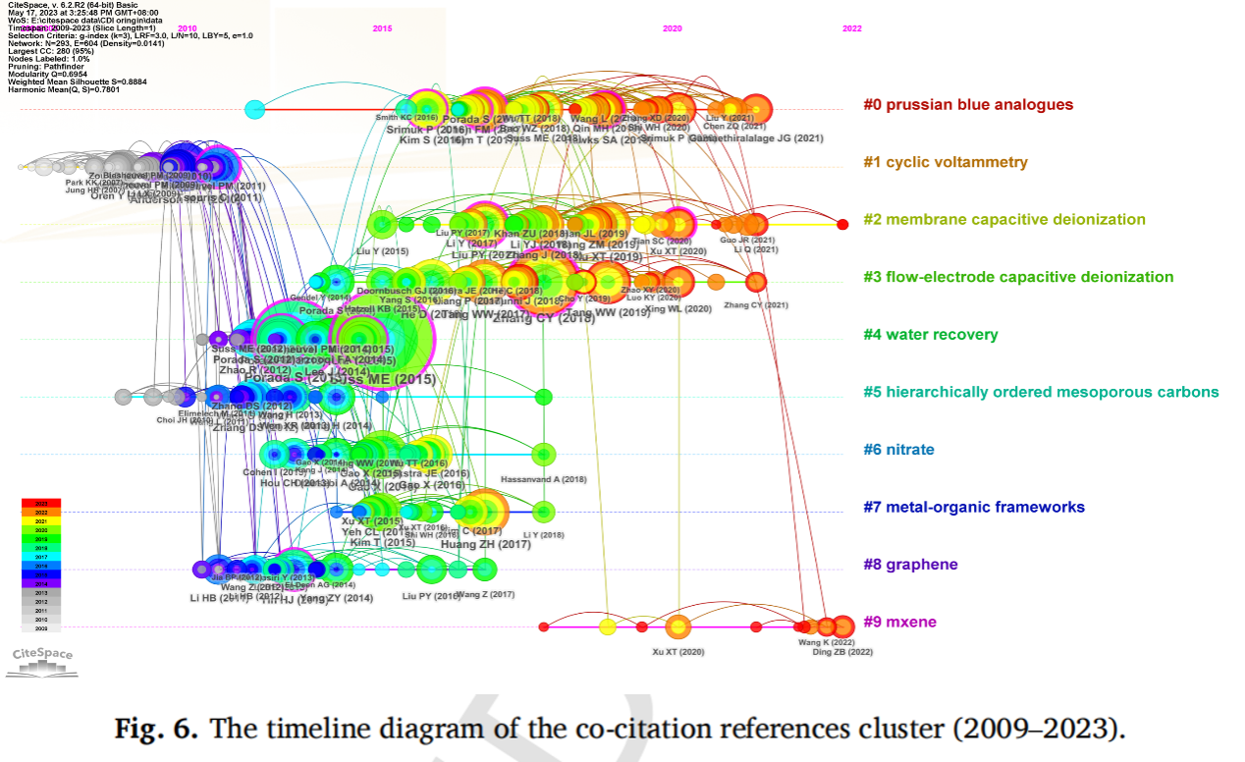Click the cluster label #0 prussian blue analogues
click(x=968, y=105)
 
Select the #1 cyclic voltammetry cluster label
click(x=946, y=162)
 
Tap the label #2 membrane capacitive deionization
click(x=1004, y=220)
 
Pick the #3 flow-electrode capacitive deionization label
click(x=1018, y=277)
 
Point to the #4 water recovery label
click(x=931, y=335)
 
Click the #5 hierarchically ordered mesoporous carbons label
click(x=1041, y=392)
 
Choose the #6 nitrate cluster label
click(x=898, y=450)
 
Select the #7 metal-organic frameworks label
click(x=974, y=507)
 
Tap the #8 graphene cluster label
click(x=910, y=565)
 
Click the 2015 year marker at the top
click(x=383, y=28)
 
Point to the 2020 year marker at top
click(x=673, y=28)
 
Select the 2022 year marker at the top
click(x=852, y=28)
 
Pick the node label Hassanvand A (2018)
click(x=544, y=479)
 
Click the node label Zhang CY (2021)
click(x=756, y=305)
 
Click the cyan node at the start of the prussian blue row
click(x=254, y=109)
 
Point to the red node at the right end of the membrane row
click(x=842, y=225)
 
